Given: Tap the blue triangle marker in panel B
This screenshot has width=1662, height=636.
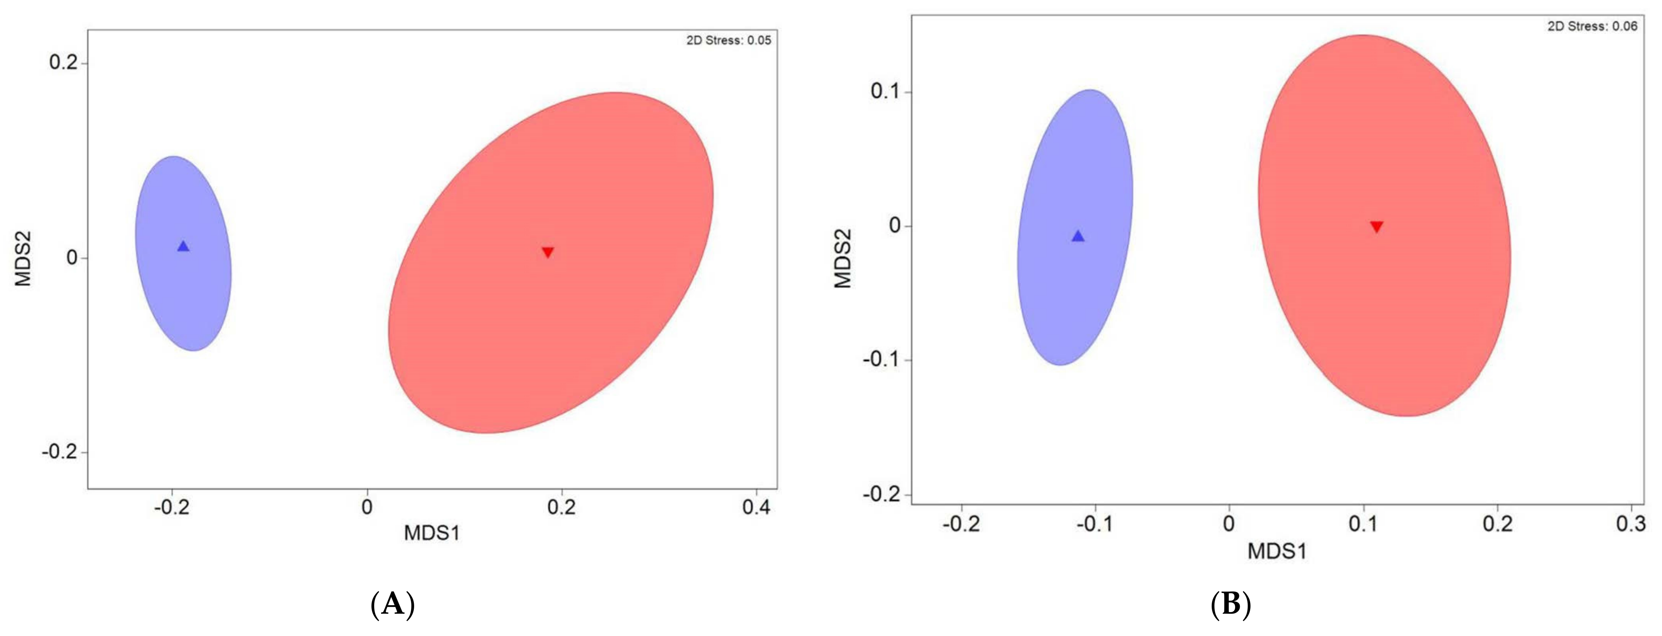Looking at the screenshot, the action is tap(1078, 236).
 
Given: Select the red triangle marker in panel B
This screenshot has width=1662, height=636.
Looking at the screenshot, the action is tap(1377, 227).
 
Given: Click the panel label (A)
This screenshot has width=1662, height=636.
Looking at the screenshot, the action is tap(393, 605).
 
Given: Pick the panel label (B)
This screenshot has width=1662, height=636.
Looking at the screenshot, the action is tap(1231, 605).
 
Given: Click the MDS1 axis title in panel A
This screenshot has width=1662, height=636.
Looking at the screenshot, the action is tap(431, 533).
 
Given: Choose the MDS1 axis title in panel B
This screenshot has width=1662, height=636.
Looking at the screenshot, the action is tap(1277, 551).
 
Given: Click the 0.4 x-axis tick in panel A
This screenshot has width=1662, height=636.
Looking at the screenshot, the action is tap(756, 507).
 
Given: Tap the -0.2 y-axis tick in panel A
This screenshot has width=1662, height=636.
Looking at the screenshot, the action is tap(59, 452).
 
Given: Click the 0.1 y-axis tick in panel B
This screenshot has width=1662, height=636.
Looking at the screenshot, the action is tap(885, 92).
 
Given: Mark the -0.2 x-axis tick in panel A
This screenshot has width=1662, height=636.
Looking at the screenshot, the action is tap(172, 507).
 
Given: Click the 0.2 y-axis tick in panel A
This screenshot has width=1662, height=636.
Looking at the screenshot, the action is tap(63, 63).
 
